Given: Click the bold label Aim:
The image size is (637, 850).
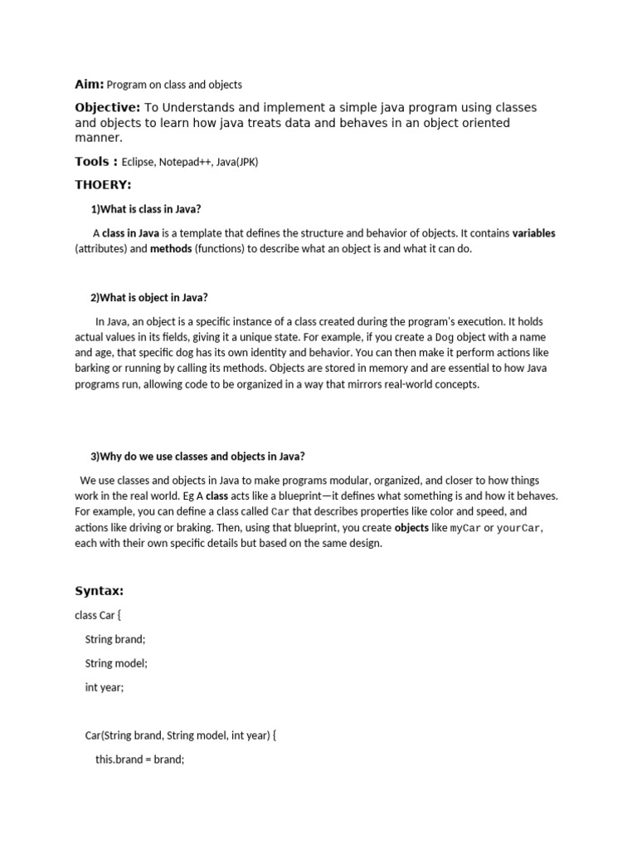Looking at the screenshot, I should (x=90, y=84).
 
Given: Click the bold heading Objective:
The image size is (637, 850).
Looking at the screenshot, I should (x=108, y=108).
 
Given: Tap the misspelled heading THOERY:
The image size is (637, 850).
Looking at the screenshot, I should (x=103, y=184).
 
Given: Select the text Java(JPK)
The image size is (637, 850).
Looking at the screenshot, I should (x=236, y=163).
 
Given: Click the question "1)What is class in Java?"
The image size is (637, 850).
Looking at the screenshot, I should (x=145, y=209).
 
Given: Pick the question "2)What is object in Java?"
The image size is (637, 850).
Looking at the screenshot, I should (x=148, y=298).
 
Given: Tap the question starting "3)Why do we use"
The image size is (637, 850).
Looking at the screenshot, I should (x=197, y=457).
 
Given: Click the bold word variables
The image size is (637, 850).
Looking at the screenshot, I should (x=533, y=233).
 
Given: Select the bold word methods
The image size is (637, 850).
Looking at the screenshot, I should (x=171, y=249).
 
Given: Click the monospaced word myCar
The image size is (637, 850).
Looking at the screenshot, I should (x=465, y=528).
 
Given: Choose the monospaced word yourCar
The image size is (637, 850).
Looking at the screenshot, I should (x=519, y=528).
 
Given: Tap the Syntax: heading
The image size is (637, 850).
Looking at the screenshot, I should (x=99, y=591).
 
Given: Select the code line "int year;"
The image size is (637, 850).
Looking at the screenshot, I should (x=105, y=687).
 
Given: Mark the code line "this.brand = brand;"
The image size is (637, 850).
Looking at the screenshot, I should (x=139, y=759).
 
